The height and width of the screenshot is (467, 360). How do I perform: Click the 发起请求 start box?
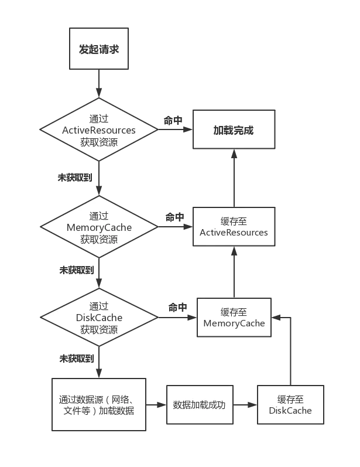point(99,50)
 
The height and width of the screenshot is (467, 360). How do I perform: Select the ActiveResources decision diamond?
point(99,129)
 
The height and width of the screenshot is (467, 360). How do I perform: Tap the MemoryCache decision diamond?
point(99,227)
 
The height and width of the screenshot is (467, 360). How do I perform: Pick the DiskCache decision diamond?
point(99,318)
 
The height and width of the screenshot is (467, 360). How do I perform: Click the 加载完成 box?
point(234,129)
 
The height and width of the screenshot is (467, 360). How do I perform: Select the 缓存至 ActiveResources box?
point(234,227)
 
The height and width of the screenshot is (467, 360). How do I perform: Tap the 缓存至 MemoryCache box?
point(234,317)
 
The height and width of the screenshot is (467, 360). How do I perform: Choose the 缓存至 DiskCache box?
point(290,405)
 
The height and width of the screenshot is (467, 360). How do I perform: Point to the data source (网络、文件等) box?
point(99,405)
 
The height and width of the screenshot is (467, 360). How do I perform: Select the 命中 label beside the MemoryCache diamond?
point(173,217)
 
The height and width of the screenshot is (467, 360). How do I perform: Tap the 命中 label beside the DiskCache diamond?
point(177,307)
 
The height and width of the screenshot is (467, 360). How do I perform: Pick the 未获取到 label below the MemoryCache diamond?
point(74,271)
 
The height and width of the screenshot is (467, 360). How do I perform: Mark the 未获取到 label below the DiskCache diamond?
point(74,357)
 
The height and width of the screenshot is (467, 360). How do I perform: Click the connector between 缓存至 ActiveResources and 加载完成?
point(234,178)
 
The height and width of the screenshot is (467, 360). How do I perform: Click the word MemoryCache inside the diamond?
point(99,227)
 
